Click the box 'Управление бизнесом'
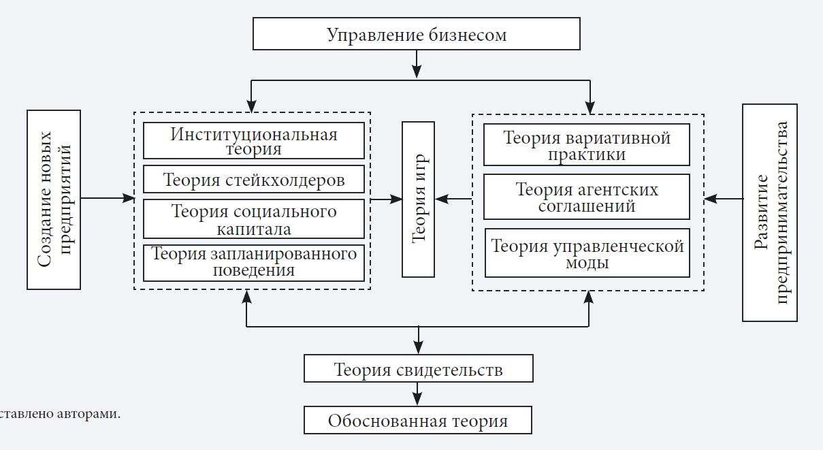[x=417, y=34]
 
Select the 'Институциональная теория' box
[x=254, y=141]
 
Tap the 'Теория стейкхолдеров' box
[x=254, y=180]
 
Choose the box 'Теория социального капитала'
[x=254, y=219]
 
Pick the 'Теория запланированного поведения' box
[x=254, y=262]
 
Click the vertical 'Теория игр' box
[x=418, y=199]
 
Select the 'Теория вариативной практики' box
[x=587, y=145]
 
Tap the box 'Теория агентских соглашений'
[x=587, y=197]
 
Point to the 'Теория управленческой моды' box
[x=587, y=253]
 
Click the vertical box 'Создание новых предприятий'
[x=54, y=199]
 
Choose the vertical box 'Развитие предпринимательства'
[x=770, y=212]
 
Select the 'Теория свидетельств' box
[x=418, y=369]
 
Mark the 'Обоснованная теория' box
[x=418, y=420]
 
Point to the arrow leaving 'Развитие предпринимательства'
[x=723, y=199]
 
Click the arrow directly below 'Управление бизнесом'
[x=417, y=64]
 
